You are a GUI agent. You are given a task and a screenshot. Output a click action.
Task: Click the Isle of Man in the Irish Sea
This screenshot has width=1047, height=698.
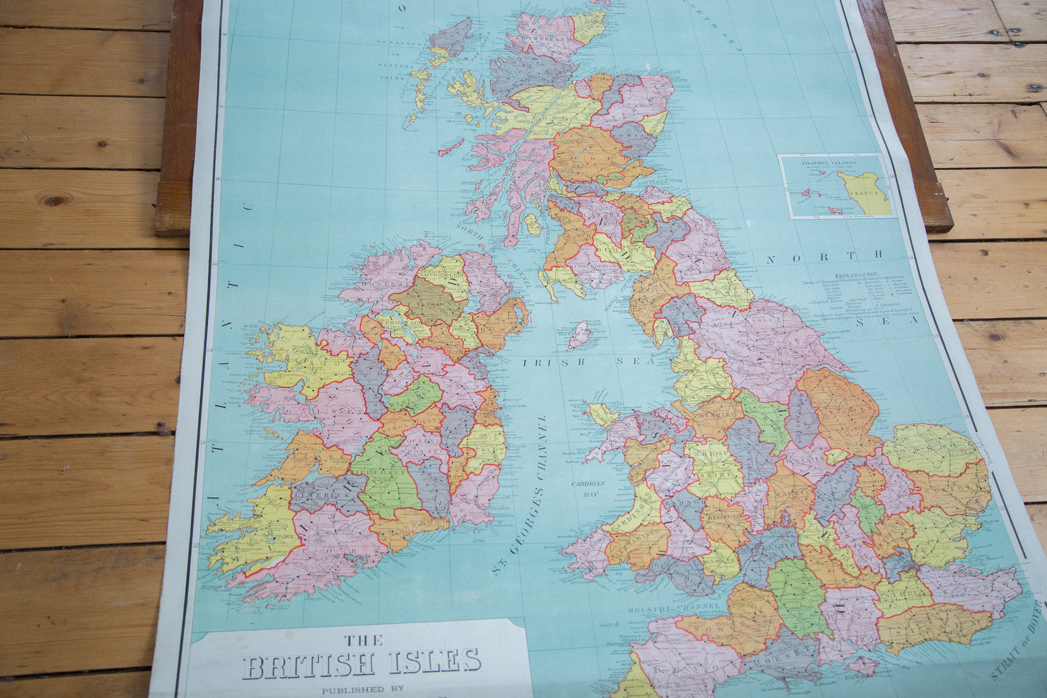click(579, 335)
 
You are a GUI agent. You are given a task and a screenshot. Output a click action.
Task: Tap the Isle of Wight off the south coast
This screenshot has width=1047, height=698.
click(862, 666)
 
